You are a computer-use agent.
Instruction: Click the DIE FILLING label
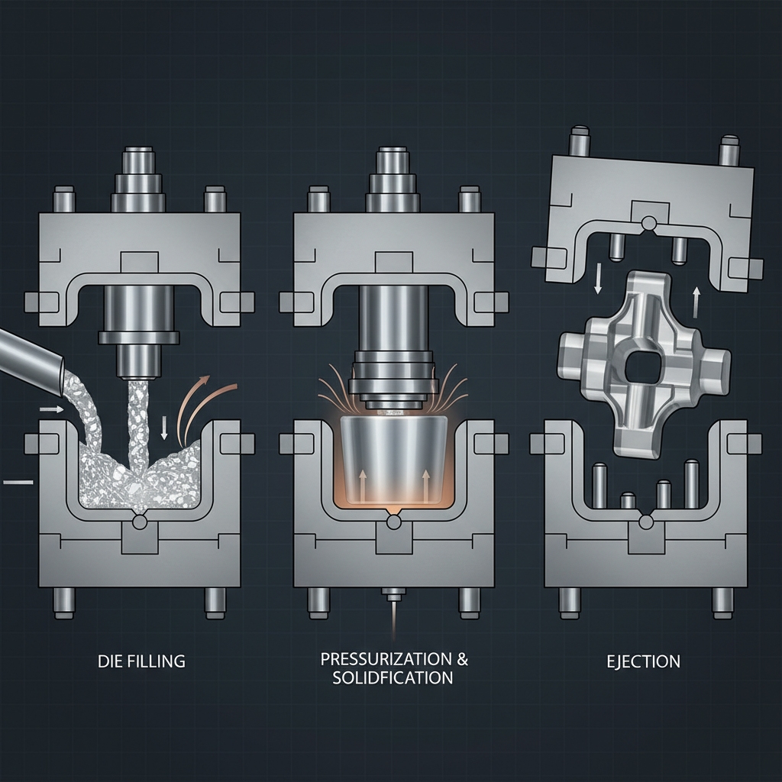[141, 661]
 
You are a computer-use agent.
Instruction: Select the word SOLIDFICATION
[393, 678]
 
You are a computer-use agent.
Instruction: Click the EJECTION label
[643, 662]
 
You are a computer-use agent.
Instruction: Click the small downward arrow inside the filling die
[164, 428]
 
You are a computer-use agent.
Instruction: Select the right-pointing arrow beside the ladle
[52, 409]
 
